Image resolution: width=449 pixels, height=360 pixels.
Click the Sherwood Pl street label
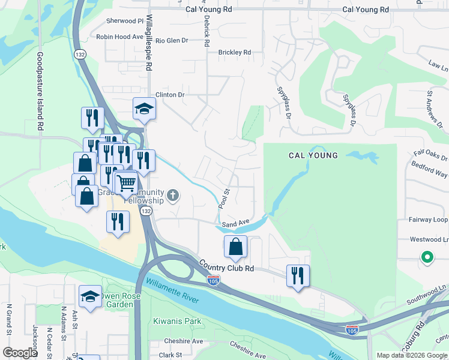(125, 21)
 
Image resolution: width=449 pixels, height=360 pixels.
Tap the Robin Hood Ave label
(120, 37)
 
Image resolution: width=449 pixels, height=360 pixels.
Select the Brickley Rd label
(235, 53)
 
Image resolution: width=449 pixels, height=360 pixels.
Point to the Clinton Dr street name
(170, 95)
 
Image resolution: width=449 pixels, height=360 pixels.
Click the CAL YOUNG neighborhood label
(313, 155)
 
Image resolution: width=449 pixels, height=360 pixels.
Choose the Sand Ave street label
(235, 223)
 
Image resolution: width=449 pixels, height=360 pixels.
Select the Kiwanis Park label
(176, 322)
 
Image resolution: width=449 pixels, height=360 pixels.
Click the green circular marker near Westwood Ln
(427, 257)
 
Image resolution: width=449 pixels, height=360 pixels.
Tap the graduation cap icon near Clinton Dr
(143, 109)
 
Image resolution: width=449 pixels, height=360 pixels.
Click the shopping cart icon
(126, 182)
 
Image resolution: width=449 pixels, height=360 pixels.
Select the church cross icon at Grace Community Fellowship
(173, 194)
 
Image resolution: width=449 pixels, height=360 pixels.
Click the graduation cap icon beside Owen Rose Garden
(91, 296)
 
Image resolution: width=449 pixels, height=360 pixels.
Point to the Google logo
(20, 353)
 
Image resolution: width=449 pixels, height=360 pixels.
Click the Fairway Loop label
(429, 220)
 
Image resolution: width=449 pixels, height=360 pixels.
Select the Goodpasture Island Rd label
(40, 91)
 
